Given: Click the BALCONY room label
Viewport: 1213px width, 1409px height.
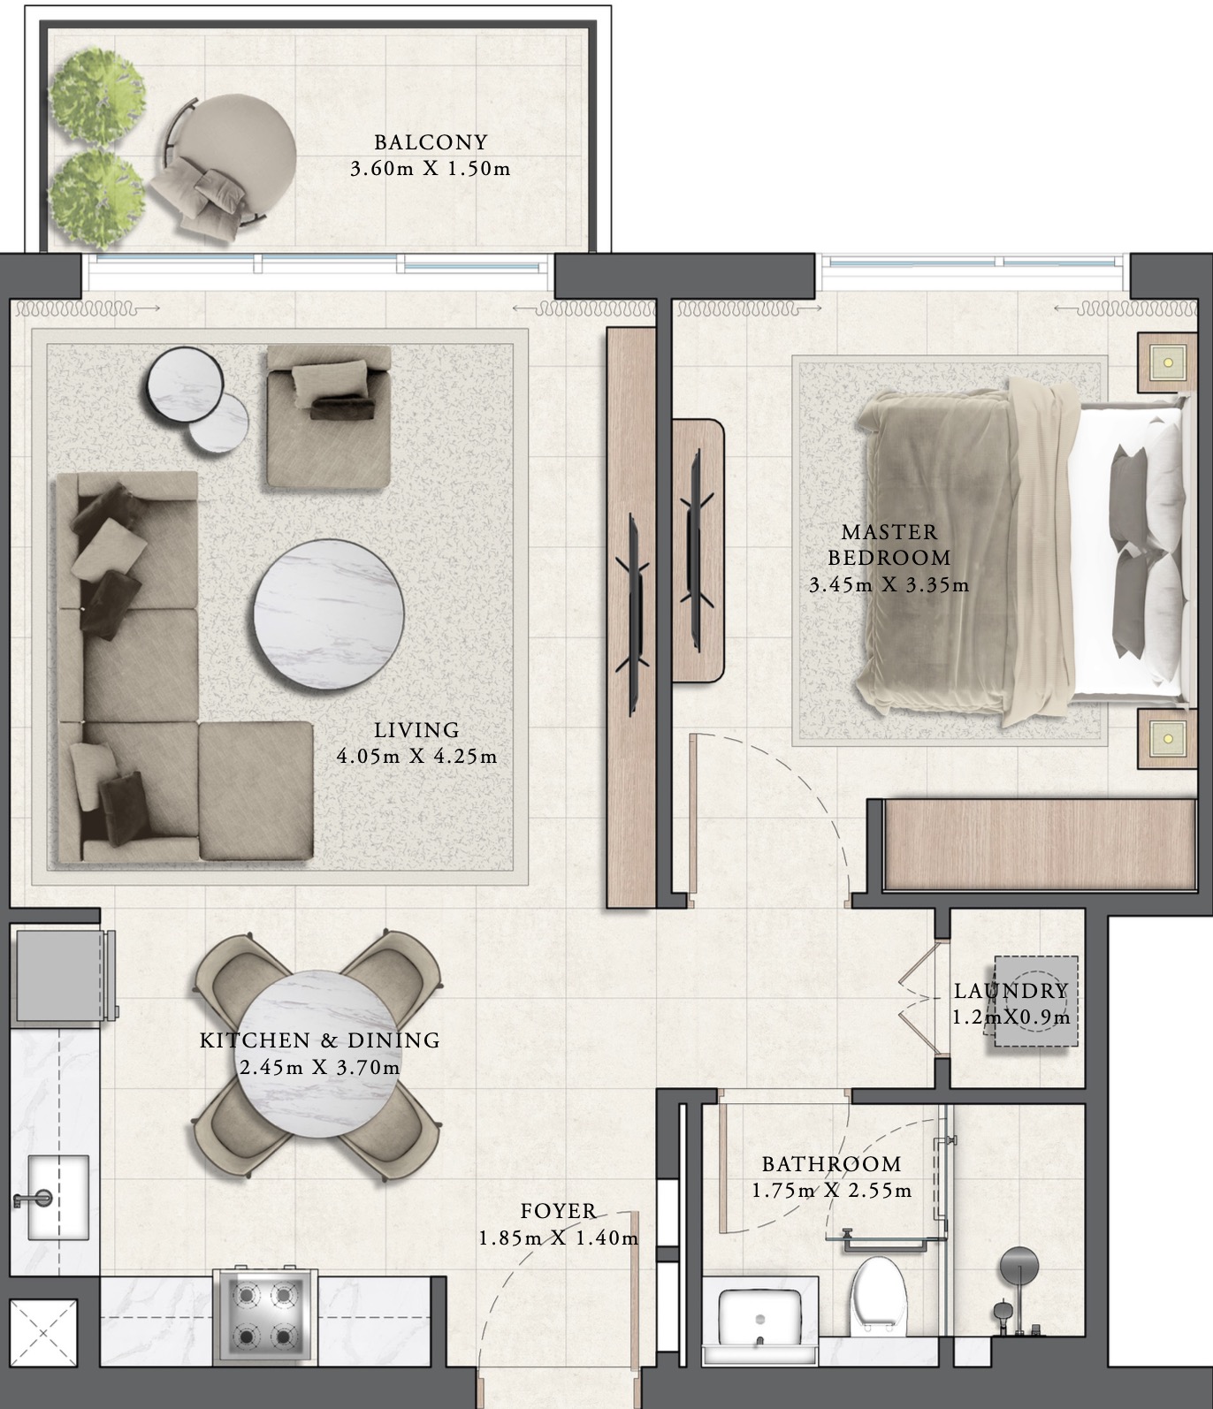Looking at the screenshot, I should coord(431,142).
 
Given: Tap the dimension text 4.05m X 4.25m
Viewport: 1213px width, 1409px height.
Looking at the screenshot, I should coord(416,757).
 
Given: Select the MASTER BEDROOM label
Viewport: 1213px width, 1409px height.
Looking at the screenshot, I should coord(889,545).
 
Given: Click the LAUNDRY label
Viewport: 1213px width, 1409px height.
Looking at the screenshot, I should coord(1011,991).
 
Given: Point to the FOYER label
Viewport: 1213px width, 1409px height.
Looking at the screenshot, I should coord(558,1211).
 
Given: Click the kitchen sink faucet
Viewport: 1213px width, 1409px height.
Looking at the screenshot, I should coord(34,1200).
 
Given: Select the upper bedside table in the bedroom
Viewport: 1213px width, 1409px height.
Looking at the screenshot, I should coord(1166,361).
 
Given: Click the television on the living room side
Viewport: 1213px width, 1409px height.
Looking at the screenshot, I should coord(635,614).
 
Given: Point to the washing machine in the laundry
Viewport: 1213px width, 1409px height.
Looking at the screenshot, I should coord(1034,1002).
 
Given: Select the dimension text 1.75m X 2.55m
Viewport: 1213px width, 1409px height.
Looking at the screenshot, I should coord(831,1191).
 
